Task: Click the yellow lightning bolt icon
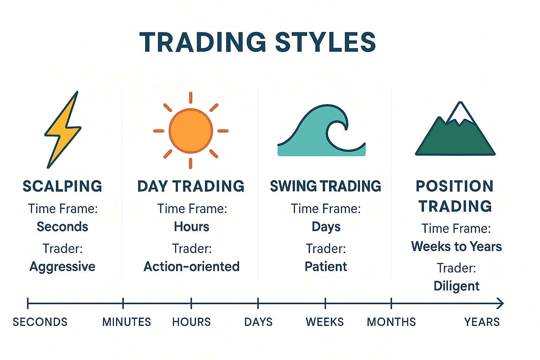point(62,130)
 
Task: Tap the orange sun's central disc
point(191,131)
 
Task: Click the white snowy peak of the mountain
point(460,113)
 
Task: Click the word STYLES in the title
point(326,42)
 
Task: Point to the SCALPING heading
point(63,186)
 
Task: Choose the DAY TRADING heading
point(191,186)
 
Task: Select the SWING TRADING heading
point(326,186)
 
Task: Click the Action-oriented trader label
point(192,266)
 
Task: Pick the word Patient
point(326,266)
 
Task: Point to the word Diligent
point(456,287)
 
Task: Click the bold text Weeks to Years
point(456,246)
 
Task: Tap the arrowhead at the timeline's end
point(501,303)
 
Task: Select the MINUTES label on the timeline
point(127,322)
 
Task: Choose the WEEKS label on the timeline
point(325,322)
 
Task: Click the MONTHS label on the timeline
point(391,322)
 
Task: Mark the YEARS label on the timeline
point(482,322)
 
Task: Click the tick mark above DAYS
point(258,303)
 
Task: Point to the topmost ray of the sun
point(191,98)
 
